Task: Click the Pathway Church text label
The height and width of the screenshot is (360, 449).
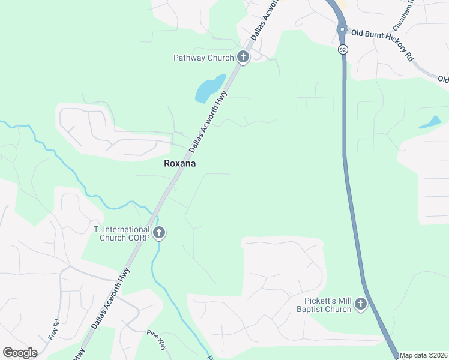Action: [x=203, y=58]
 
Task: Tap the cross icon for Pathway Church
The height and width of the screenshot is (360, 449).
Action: [x=243, y=58]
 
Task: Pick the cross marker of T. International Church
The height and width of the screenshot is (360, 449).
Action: [x=159, y=233]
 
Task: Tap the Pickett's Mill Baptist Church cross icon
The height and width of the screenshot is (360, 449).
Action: [x=361, y=305]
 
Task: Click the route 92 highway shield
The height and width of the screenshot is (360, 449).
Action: [x=342, y=49]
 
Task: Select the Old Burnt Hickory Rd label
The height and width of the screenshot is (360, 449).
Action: [x=382, y=45]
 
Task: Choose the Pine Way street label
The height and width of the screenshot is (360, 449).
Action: [x=157, y=338]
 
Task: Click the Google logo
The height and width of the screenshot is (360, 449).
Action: [x=20, y=353]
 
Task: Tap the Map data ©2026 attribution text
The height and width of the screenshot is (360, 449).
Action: [x=424, y=355]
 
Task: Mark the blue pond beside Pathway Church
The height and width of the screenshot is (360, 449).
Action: [x=209, y=89]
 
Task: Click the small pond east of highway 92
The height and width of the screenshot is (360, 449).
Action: [x=430, y=123]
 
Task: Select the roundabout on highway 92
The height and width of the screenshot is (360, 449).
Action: [x=342, y=29]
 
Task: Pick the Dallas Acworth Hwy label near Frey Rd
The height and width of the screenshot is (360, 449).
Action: [x=111, y=298]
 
